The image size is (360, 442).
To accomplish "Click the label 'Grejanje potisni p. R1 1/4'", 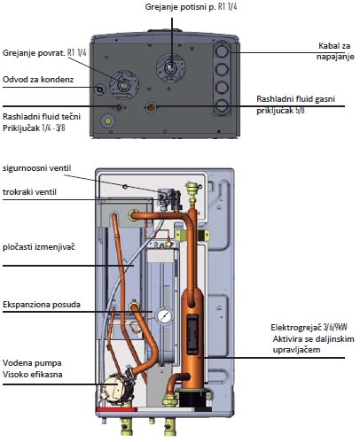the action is (191, 7).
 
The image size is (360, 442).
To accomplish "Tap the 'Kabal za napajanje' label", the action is (335, 51).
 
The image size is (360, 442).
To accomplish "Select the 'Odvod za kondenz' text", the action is (38, 80).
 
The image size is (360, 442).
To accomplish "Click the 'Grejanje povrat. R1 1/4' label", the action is (44, 53).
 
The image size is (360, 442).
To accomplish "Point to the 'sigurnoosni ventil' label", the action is (37, 168).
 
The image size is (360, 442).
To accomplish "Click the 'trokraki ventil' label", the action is (29, 192).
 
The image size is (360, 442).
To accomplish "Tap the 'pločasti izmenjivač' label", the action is (39, 247).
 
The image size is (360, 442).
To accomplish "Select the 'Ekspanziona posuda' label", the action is (42, 304).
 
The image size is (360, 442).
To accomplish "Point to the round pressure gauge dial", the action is (164, 316).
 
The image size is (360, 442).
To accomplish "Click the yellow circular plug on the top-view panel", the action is (108, 121).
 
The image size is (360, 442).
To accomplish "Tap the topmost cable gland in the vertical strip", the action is (221, 51).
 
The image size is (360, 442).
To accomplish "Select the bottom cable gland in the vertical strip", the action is (221, 105).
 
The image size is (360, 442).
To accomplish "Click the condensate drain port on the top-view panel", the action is (99, 89).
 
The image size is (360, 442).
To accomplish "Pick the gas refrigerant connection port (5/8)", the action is (152, 107).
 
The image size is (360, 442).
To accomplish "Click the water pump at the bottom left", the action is (117, 388).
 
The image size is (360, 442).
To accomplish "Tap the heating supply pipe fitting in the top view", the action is (170, 68).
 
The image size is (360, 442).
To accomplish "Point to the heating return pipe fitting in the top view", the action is (124, 85).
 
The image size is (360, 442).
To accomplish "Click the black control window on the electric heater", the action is (192, 334).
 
